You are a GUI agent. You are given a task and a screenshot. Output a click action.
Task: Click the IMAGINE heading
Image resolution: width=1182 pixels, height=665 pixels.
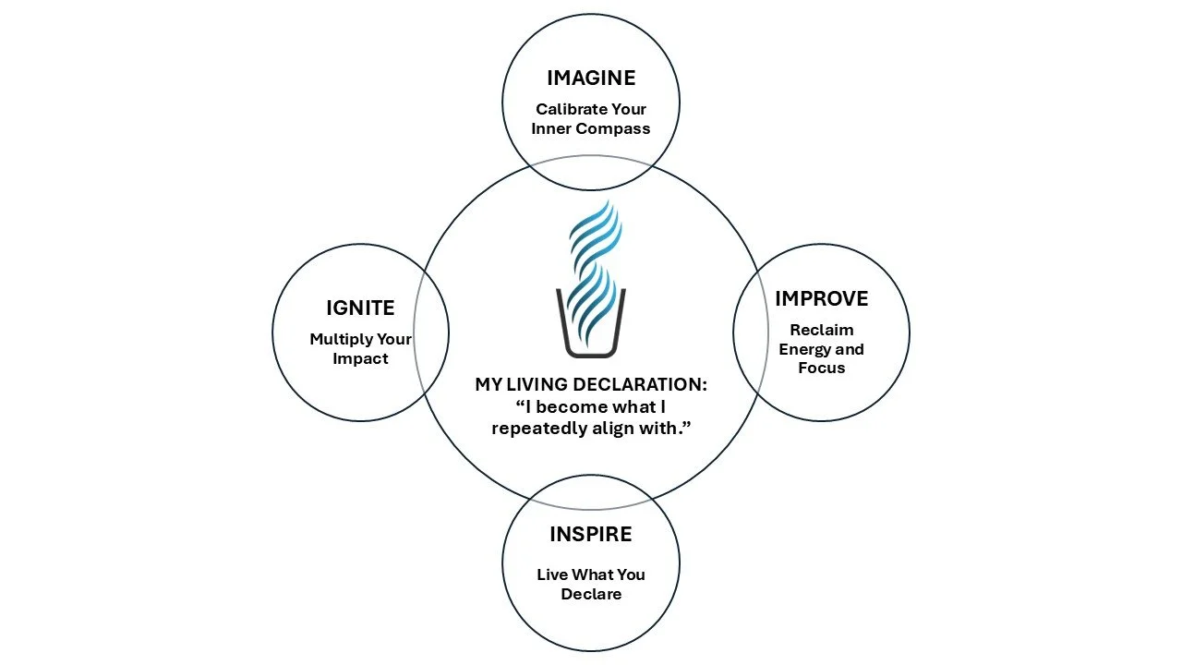click(x=591, y=78)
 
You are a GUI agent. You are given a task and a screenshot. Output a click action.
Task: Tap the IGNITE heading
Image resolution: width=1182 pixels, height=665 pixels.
click(x=360, y=308)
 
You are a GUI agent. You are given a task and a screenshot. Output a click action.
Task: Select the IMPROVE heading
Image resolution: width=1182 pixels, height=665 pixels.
click(x=821, y=298)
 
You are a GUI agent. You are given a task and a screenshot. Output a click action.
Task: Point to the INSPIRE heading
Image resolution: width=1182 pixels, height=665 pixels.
click(x=591, y=534)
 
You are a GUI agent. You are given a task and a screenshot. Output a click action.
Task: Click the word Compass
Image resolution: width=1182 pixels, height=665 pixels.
click(x=614, y=128)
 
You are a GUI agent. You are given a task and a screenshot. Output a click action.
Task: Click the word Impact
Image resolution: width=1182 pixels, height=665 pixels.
click(x=360, y=358)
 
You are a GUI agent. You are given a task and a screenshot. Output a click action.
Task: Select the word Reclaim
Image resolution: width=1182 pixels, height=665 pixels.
click(x=821, y=330)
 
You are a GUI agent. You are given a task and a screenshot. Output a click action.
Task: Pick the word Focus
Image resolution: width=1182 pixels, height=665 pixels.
click(x=821, y=368)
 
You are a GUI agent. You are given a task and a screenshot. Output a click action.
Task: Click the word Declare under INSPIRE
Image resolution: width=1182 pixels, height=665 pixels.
click(x=591, y=594)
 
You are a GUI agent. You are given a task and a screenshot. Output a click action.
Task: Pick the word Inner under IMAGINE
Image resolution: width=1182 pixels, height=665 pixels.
click(x=551, y=128)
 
